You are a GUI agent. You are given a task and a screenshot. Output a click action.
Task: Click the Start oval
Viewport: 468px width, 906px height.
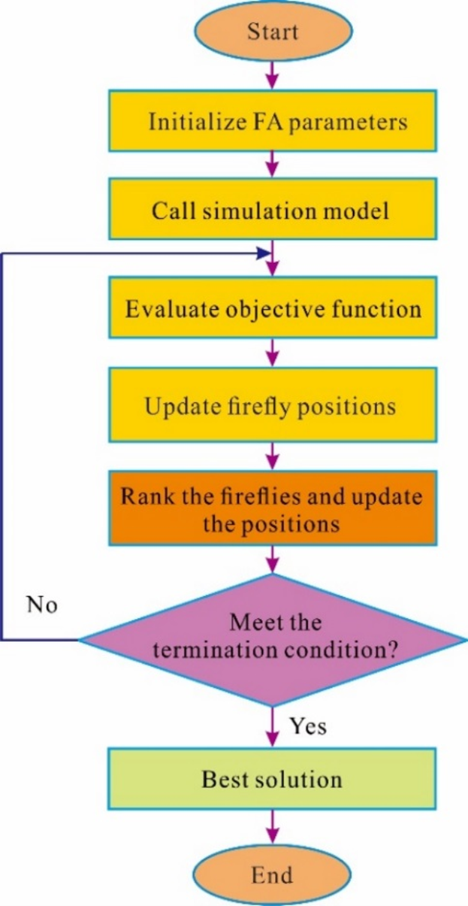coord(272,32)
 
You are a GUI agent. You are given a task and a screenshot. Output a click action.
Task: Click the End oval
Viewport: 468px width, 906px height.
coord(272,875)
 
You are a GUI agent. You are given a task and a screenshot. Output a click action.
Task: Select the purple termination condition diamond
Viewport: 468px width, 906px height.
coord(274,639)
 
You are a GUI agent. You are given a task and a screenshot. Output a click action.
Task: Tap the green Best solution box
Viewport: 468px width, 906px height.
coord(272,779)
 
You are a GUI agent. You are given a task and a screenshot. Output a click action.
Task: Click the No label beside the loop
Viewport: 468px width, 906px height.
coord(42,605)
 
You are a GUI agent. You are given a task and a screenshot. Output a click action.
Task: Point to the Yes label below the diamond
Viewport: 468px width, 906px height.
coord(307,727)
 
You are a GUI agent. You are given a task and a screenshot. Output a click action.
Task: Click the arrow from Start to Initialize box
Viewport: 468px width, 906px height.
coord(272,72)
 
